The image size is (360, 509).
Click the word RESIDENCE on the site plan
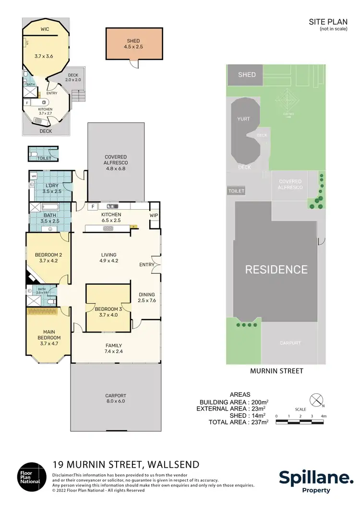click(x=276, y=269)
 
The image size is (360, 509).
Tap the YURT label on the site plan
click(x=244, y=119)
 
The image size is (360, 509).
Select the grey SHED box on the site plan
click(x=247, y=75)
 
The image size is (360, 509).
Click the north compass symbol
click(x=315, y=399)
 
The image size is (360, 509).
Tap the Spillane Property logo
click(x=316, y=480)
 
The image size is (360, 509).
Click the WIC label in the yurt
click(x=45, y=29)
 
